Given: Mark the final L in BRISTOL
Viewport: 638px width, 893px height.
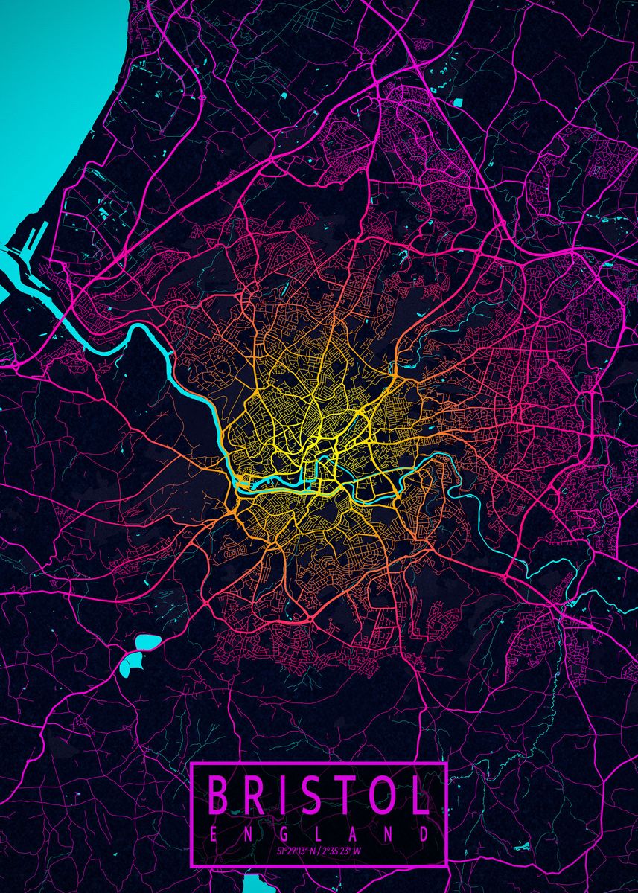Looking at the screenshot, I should (x=421, y=796).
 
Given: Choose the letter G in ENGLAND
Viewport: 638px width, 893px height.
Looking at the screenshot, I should (x=284, y=833).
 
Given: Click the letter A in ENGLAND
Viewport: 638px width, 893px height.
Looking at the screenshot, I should (x=354, y=833).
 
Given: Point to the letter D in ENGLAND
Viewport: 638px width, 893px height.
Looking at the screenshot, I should (x=424, y=833).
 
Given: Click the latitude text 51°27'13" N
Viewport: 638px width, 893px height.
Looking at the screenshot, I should (x=296, y=850).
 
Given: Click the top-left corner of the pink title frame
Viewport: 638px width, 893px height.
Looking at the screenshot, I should (x=192, y=764).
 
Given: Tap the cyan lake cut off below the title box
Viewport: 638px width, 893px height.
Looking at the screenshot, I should (x=257, y=885).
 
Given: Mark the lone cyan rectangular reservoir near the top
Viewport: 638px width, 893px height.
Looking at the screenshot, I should (x=457, y=102).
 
